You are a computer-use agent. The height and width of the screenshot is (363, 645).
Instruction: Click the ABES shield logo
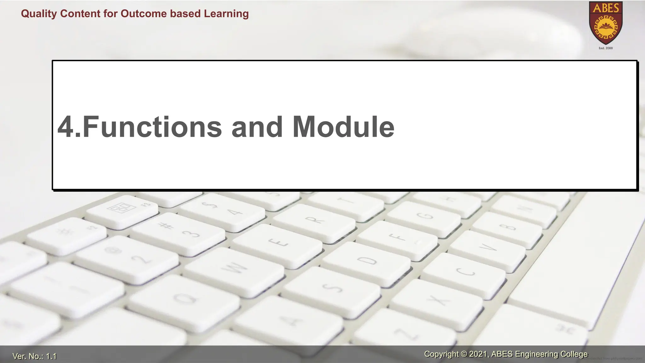606,23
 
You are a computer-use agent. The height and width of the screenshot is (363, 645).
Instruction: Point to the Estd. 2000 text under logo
606,48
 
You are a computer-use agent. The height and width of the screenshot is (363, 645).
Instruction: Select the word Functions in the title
152,127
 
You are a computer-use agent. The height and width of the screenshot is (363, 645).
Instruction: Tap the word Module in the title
343,127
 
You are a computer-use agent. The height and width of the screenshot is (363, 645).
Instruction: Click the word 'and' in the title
257,127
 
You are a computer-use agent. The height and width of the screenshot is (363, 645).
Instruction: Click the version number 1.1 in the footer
51,356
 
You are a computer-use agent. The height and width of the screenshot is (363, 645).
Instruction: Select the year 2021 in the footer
479,354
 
